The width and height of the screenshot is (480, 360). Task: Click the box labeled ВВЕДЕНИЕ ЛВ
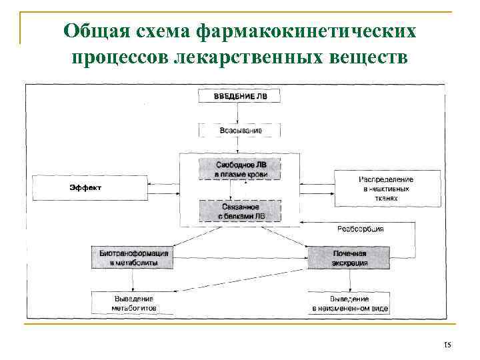coord(239,96)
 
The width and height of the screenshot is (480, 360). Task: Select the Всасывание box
coord(239,131)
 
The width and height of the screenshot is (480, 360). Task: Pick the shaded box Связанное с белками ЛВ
coord(239,211)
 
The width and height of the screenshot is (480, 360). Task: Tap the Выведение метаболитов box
coord(133,303)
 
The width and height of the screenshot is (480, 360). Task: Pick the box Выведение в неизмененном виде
coord(349,303)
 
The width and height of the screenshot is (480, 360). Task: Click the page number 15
coord(447,345)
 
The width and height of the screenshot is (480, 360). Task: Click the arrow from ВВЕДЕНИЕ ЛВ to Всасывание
coord(239,113)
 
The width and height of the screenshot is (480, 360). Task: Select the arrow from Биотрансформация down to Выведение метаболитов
coord(133,281)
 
